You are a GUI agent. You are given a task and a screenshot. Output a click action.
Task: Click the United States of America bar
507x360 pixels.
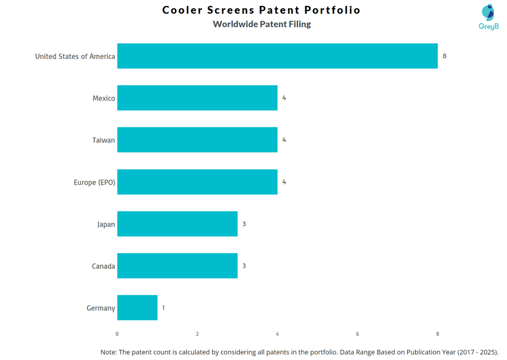pos(277,56)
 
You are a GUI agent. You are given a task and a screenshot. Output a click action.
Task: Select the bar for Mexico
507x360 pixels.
pos(197,98)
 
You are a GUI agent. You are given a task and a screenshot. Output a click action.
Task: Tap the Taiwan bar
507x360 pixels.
pos(197,140)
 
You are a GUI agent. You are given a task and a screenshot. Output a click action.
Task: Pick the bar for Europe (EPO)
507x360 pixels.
pos(197,182)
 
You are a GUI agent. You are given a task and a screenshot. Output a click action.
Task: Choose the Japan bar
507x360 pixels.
pos(177,224)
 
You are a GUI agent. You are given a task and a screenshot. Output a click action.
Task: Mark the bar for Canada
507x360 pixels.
pos(177,266)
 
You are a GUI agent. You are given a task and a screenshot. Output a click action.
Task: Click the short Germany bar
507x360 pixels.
pos(137,308)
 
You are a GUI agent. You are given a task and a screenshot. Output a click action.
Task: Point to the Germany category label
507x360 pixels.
pos(101,308)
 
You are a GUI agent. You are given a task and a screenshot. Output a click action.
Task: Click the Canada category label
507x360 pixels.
pos(103,266)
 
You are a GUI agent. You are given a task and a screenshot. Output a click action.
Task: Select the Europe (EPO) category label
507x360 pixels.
pos(94,182)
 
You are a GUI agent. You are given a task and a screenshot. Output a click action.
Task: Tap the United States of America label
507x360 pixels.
pos(75,57)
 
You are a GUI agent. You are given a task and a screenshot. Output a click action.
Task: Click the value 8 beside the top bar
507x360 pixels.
pos(444,56)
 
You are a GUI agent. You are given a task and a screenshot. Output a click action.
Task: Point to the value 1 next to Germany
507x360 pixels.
pos(163,308)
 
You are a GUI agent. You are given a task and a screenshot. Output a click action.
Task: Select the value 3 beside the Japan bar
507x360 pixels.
pos(244,224)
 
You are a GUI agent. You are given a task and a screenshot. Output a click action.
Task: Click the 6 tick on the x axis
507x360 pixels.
pos(358,334)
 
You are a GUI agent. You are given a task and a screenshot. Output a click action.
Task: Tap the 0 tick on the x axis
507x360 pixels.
pos(117,334)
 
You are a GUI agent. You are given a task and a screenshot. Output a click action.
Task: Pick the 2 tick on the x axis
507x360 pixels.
pos(197,334)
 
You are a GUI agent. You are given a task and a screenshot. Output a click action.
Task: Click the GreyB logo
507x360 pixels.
pos(488,17)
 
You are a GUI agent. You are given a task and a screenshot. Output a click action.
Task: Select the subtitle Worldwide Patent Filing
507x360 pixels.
pos(262,24)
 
